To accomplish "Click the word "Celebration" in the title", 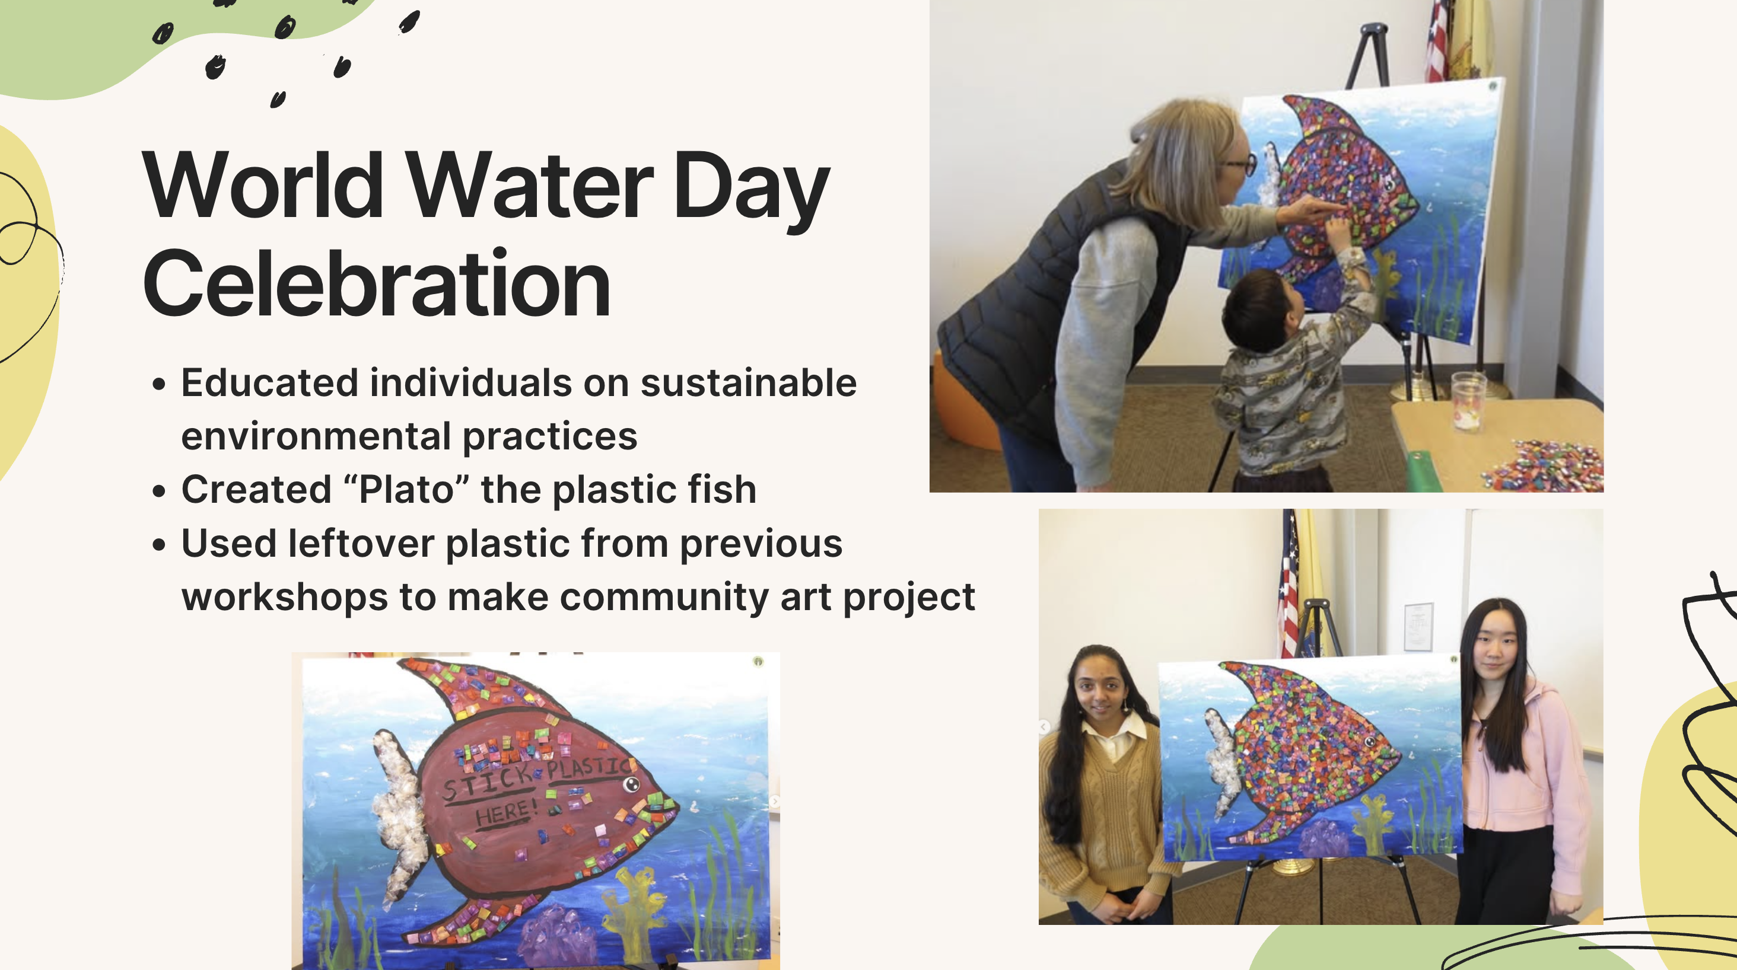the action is click(x=376, y=284).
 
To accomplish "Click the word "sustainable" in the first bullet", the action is click(x=749, y=384).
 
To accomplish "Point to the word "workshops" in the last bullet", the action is click(x=285, y=598).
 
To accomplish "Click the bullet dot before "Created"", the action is click(x=159, y=490).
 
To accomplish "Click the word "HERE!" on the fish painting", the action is click(x=505, y=812).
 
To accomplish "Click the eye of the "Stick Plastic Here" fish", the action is click(x=631, y=784).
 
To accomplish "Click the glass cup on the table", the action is click(x=1468, y=400).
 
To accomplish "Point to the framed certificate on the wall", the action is click(x=1418, y=627).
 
